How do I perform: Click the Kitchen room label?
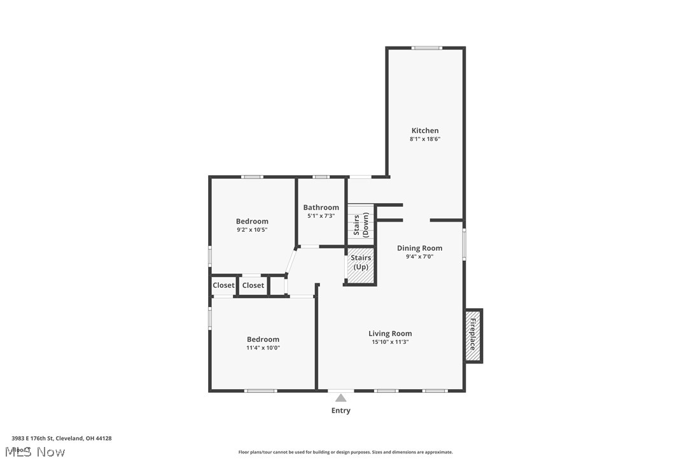pyautogui.click(x=424, y=131)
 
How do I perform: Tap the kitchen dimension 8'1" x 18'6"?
pyautogui.click(x=424, y=139)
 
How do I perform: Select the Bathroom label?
pyautogui.click(x=321, y=208)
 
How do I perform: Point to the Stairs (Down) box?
pyautogui.click(x=361, y=225)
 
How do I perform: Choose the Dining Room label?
pyautogui.click(x=419, y=248)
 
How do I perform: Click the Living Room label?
pyautogui.click(x=390, y=334)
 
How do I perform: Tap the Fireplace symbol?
pyautogui.click(x=473, y=336)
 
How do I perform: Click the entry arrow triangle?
pyautogui.click(x=341, y=398)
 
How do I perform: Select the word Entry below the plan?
pyautogui.click(x=340, y=411)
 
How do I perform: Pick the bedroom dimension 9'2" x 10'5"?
pyautogui.click(x=252, y=229)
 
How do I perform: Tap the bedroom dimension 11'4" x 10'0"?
pyautogui.click(x=263, y=348)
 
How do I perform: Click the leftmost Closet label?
pyautogui.click(x=223, y=285)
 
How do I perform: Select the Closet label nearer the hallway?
pyautogui.click(x=253, y=285)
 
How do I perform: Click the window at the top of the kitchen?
pyautogui.click(x=426, y=48)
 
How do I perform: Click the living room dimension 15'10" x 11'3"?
pyautogui.click(x=390, y=342)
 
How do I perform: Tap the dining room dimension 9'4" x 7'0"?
pyautogui.click(x=419, y=257)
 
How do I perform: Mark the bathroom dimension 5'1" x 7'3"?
pyautogui.click(x=321, y=216)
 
